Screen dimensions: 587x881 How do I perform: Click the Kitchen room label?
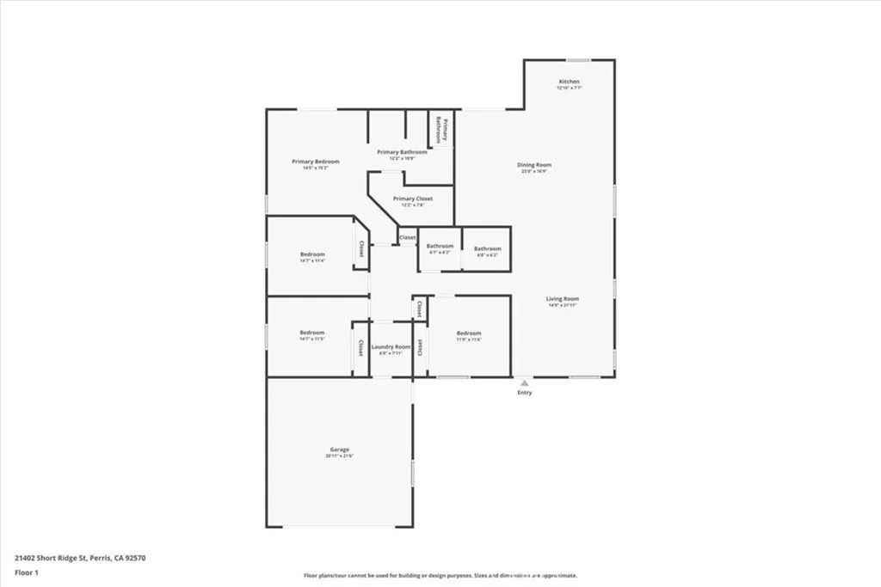click(x=569, y=82)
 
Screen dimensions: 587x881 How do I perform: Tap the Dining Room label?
click(x=533, y=164)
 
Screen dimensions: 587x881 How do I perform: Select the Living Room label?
click(x=563, y=299)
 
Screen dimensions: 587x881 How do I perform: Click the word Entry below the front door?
click(x=524, y=393)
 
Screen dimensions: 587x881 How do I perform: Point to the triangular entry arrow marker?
click(x=523, y=382)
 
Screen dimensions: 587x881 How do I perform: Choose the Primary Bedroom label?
click(x=315, y=162)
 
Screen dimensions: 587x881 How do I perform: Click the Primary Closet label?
click(x=412, y=199)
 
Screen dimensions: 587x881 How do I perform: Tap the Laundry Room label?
click(x=391, y=346)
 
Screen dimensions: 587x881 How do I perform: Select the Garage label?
click(x=339, y=449)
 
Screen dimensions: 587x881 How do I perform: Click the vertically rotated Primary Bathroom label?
click(x=441, y=129)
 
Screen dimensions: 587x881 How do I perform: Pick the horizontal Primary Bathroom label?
click(x=402, y=152)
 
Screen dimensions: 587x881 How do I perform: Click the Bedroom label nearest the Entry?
click(x=469, y=333)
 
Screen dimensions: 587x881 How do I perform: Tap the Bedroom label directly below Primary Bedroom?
click(x=312, y=254)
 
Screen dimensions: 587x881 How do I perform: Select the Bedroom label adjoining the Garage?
click(x=311, y=333)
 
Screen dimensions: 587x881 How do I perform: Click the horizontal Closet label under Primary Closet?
click(x=407, y=237)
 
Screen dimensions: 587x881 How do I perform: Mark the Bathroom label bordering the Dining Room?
click(x=487, y=248)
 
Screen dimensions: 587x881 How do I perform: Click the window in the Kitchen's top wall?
click(x=578, y=60)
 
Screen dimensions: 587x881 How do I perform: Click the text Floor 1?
click(x=26, y=572)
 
